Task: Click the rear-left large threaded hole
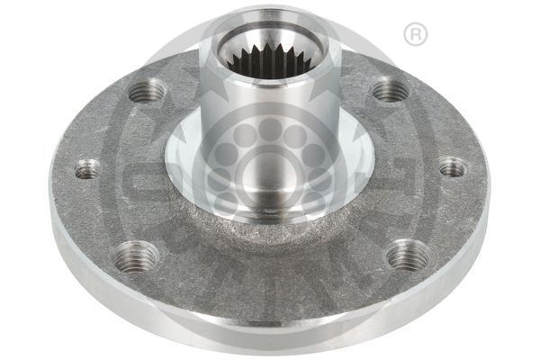[146, 91]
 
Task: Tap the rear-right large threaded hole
[390, 90]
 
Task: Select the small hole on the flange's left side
[87, 168]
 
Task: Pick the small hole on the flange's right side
[452, 167]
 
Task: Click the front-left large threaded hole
[136, 256]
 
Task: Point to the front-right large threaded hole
[408, 255]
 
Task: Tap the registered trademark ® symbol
[414, 35]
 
